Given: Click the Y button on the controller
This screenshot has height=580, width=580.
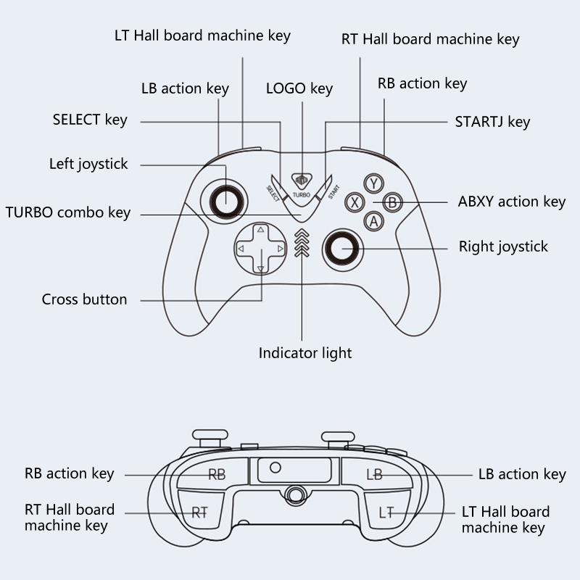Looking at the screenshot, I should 373,183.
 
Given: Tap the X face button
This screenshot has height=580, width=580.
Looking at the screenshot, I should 355,202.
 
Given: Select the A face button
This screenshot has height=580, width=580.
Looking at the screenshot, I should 373,221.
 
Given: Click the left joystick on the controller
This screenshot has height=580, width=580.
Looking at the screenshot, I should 224,196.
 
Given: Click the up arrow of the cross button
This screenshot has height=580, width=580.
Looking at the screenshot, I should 260,231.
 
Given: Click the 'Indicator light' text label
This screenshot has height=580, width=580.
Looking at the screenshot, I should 305,353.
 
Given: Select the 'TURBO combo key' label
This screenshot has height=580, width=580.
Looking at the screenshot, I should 68,212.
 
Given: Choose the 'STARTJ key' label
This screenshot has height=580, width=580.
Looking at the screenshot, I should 492,121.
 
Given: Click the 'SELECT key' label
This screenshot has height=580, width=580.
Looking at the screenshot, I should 90,120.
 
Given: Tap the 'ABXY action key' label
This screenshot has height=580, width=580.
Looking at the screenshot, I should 512,202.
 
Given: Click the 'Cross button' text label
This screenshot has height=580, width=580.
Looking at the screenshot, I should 84,299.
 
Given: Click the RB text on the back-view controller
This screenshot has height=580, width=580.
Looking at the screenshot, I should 217,475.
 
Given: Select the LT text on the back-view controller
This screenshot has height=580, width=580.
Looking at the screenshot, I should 386,513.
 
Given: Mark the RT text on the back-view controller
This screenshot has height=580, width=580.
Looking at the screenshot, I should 199,513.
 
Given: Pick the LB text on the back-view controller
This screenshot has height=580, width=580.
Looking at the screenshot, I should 374,475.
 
